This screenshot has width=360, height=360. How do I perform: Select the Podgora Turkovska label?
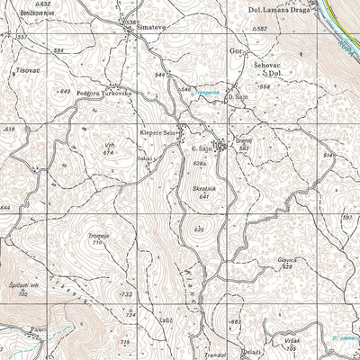pos(104,93)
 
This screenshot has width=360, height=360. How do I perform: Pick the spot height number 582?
pos(262,30)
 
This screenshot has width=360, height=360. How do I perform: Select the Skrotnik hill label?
pos(203,189)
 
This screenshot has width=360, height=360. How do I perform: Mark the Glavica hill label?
pos(287,258)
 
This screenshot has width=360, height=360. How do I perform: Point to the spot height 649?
pos(64,91)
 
